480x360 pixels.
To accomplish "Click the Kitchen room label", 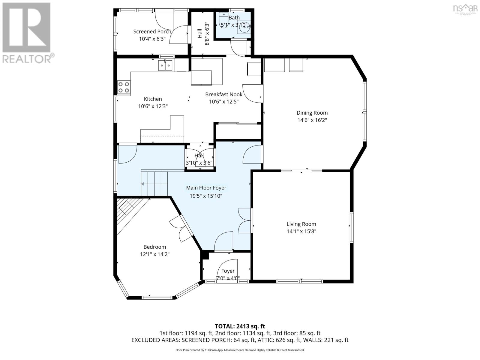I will pos(153,99).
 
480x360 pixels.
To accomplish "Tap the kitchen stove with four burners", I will pos(124,87).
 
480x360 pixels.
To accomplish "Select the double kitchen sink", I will pos(165,65).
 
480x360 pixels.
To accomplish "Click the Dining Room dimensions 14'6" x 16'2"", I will pos(312,120).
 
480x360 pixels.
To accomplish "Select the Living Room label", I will pos(301,224).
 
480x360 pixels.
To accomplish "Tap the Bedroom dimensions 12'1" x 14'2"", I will pos(154,254).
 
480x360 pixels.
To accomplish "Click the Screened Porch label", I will pos(152,31).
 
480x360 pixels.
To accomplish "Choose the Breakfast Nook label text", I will pos(224,94).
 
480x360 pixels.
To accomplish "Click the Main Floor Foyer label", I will pos(206,188).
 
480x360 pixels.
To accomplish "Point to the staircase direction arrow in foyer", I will pos(143,184).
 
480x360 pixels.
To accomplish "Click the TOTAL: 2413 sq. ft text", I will pos(240,326).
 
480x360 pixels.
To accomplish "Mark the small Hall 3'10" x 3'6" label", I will pos(199,159).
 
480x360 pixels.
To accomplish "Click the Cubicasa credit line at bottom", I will pos(240,350).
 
